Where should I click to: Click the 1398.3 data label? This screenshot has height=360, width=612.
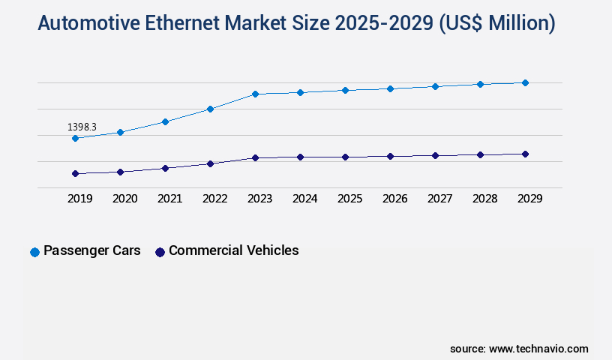click(x=82, y=127)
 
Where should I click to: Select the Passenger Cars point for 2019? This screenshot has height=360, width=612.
click(x=75, y=138)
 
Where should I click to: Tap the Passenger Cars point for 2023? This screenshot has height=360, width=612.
click(x=255, y=94)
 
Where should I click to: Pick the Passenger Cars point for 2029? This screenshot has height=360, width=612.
click(x=525, y=82)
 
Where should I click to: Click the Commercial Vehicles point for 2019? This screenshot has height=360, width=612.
click(x=75, y=173)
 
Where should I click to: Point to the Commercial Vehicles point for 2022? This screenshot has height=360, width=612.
click(x=210, y=163)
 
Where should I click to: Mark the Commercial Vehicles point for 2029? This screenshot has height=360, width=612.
click(x=525, y=154)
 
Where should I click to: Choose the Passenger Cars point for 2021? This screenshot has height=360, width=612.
click(x=165, y=121)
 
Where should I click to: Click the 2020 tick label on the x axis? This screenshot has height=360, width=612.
click(x=124, y=199)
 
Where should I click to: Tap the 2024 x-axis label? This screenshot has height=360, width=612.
click(x=304, y=199)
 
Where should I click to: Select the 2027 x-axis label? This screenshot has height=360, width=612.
click(x=439, y=199)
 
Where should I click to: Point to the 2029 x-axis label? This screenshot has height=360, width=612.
click(x=529, y=199)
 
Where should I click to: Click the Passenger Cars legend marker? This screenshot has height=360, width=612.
click(x=34, y=252)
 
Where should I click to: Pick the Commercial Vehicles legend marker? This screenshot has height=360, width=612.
click(x=160, y=252)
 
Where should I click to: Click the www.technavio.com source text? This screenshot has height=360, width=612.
click(x=538, y=349)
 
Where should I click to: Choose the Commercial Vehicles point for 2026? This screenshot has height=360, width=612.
click(x=390, y=156)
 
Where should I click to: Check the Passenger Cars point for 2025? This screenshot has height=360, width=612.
click(x=345, y=90)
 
